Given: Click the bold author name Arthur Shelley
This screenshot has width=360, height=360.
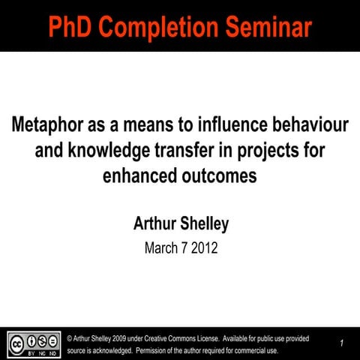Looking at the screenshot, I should coord(180,223).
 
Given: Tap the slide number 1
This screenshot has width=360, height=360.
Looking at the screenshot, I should coord(341,343).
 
